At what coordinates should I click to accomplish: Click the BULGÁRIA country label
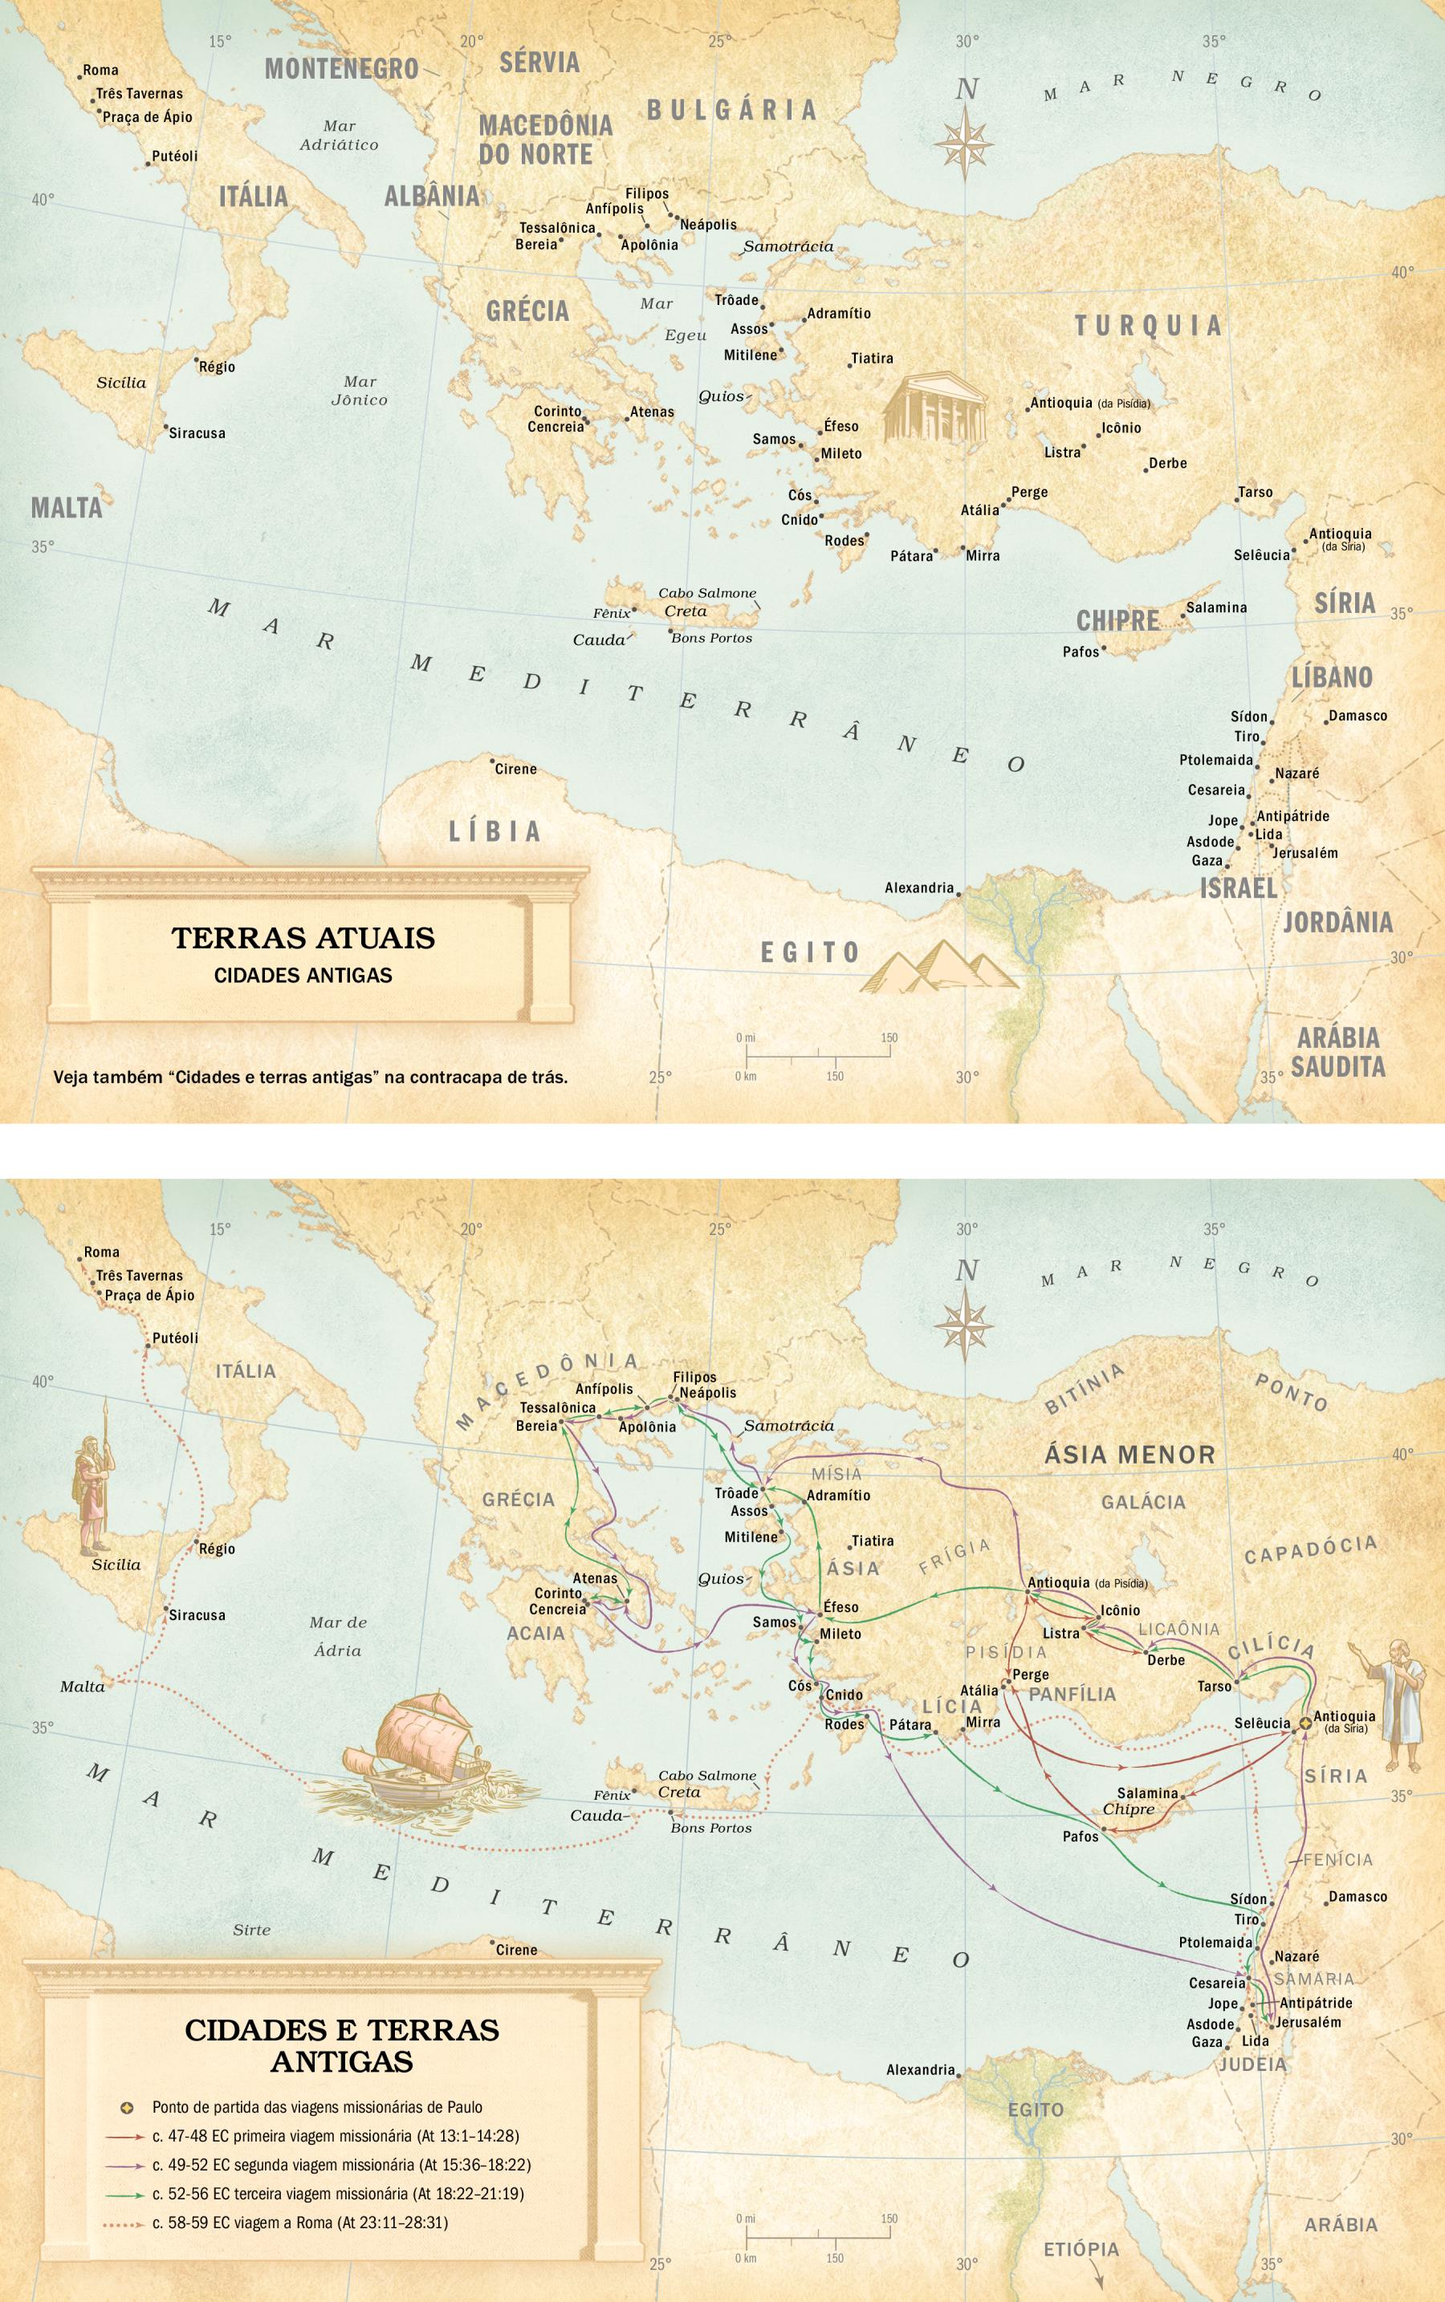[732, 110]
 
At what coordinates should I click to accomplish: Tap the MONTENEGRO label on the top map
[341, 69]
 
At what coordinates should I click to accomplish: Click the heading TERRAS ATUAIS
[303, 937]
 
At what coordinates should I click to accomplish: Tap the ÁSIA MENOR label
[1129, 1455]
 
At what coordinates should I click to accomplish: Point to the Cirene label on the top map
[515, 769]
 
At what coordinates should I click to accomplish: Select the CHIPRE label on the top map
[1117, 621]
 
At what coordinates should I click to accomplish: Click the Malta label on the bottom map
[82, 1686]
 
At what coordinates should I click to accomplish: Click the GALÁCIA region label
[1143, 1501]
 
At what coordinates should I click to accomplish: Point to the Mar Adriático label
[338, 136]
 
